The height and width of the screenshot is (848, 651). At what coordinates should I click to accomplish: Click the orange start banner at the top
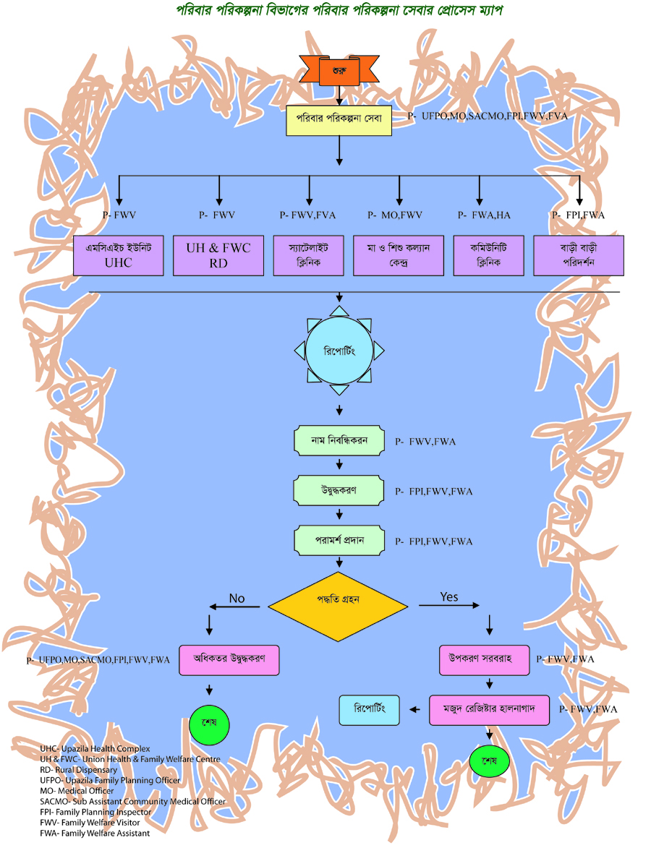(x=339, y=70)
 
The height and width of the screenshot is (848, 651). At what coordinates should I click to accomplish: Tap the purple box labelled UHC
(x=119, y=254)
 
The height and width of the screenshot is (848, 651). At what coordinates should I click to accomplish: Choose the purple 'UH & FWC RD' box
(x=218, y=254)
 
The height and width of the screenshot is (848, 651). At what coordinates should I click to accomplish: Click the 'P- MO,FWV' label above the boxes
(x=395, y=215)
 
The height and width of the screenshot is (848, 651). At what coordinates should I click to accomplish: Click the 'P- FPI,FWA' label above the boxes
(x=578, y=215)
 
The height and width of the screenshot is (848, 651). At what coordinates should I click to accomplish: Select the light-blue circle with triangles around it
(x=339, y=351)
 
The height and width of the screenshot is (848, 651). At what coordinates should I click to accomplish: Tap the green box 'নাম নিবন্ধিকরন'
(x=339, y=440)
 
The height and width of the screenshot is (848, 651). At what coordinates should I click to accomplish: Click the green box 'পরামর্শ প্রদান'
(x=339, y=541)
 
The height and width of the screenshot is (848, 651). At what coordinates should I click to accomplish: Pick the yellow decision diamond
(x=338, y=599)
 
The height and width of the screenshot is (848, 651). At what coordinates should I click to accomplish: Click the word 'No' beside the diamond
(x=237, y=598)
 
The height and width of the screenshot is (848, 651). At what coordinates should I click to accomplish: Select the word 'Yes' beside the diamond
(x=449, y=597)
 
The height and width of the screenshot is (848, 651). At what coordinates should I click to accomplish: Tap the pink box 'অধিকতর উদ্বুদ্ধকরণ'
(x=229, y=659)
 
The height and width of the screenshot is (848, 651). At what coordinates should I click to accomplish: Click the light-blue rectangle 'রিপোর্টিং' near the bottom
(x=369, y=710)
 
